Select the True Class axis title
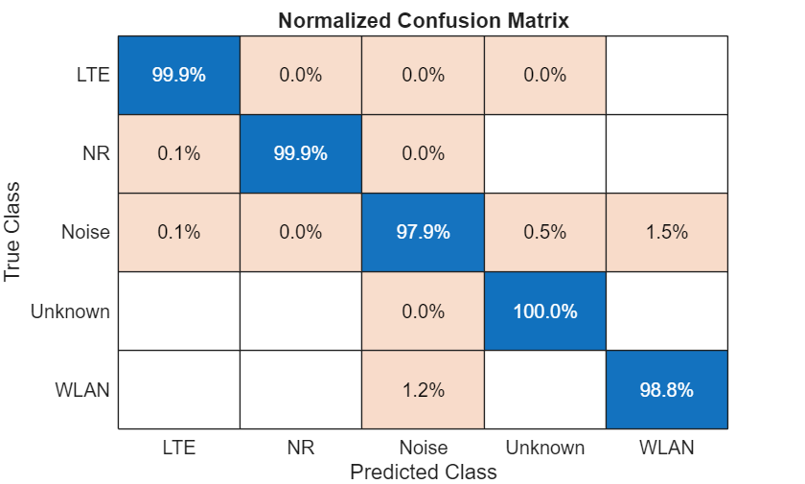pos(13,232)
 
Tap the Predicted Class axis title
pos(423,472)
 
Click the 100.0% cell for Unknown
pos(544,311)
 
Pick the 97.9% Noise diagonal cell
pos(423,233)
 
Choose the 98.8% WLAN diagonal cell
pos(666,390)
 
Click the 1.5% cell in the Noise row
pos(666,233)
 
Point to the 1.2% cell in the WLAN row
pos(423,390)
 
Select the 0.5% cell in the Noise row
pos(544,233)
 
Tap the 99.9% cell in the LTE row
pos(179,76)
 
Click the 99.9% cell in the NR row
pos(301,154)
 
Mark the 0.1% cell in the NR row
pos(179,154)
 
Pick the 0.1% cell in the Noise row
pos(179,233)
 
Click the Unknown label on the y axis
pos(70,311)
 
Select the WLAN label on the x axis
pos(666,447)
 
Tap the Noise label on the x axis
pos(423,447)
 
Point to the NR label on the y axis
pos(95,154)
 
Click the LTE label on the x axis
pos(179,447)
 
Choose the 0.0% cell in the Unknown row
pos(423,311)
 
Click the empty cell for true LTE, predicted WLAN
pos(666,76)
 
